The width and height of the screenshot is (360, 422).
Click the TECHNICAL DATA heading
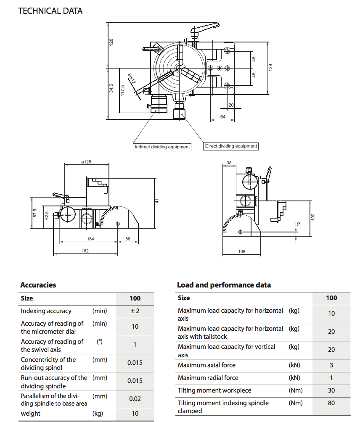tap(50, 11)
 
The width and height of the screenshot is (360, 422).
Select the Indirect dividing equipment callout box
tap(162, 147)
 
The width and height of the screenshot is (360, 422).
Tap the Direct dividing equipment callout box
tap(231, 146)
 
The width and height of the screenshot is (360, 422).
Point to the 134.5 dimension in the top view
tap(111, 90)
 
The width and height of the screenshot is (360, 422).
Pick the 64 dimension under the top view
tap(223, 117)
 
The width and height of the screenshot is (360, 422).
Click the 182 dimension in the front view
tap(85, 251)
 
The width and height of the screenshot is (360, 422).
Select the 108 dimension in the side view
tap(241, 251)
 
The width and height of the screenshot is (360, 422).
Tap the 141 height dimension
tap(156, 202)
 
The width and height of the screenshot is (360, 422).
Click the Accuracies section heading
tap(38, 285)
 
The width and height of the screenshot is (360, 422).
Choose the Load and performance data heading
tap(224, 285)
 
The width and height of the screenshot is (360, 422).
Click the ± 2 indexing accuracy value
tap(135, 311)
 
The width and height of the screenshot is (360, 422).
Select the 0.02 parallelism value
tap(135, 398)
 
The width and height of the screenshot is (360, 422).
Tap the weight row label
tap(31, 413)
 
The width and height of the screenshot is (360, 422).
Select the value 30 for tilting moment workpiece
tap(331, 390)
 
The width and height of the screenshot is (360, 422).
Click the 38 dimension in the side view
tap(229, 162)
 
